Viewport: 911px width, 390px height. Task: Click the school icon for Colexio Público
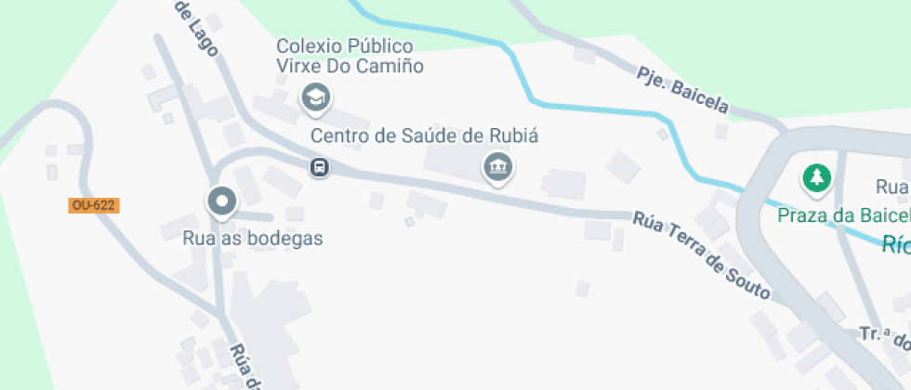pyautogui.click(x=316, y=96)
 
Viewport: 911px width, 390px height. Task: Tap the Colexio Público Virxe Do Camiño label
pyautogui.click(x=350, y=56)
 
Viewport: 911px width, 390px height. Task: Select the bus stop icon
pyautogui.click(x=319, y=167)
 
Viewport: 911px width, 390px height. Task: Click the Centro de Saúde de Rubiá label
pyautogui.click(x=425, y=136)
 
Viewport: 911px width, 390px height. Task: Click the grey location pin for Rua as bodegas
pyautogui.click(x=222, y=201)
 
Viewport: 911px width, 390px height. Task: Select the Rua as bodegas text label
pyautogui.click(x=254, y=239)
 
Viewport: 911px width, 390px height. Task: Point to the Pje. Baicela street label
pyautogui.click(x=683, y=89)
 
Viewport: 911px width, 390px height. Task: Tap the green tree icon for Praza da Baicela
pyautogui.click(x=816, y=177)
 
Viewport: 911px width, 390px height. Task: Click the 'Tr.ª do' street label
pyautogui.click(x=883, y=336)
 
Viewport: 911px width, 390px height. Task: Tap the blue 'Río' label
pyautogui.click(x=896, y=244)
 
